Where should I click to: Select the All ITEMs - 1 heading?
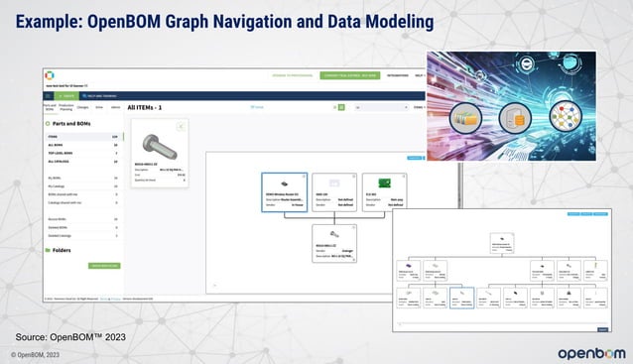(x=151, y=106)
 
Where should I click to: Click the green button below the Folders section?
(x=103, y=266)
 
